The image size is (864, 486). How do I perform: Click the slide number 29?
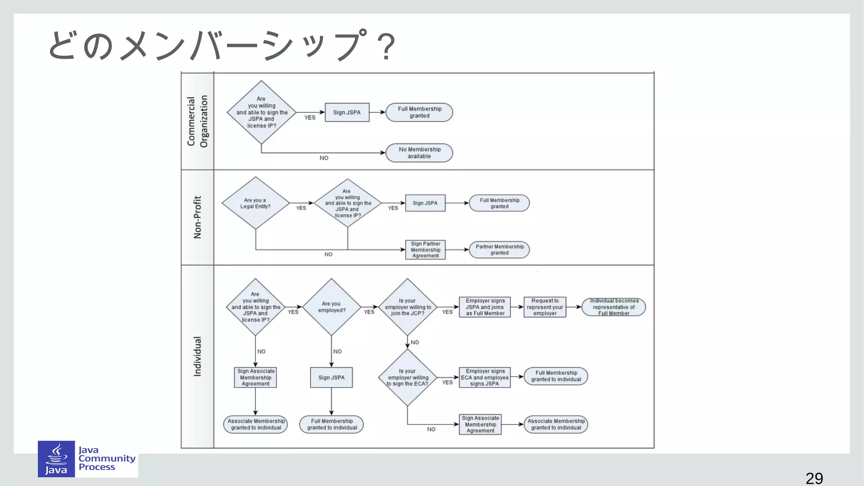pyautogui.click(x=814, y=478)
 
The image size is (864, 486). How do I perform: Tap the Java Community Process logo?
pyautogui.click(x=87, y=459)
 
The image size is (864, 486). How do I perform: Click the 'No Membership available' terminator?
pyautogui.click(x=419, y=153)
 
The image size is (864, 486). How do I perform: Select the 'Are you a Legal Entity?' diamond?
pyautogui.click(x=255, y=203)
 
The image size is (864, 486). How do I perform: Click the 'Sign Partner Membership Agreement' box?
pyautogui.click(x=425, y=250)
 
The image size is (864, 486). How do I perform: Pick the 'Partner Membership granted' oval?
pyautogui.click(x=499, y=250)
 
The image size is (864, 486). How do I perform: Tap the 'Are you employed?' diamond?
pyautogui.click(x=332, y=307)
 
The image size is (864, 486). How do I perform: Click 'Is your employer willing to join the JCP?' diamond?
pyautogui.click(x=408, y=307)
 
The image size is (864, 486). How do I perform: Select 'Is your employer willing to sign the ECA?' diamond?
pyautogui.click(x=408, y=378)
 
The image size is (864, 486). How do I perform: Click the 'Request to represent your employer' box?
pyautogui.click(x=545, y=307)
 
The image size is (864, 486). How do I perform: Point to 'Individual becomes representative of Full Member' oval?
pyautogui.click(x=614, y=307)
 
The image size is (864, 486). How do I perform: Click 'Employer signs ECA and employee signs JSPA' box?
pyautogui.click(x=485, y=378)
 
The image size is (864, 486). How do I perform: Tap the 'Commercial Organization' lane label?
pyautogui.click(x=197, y=121)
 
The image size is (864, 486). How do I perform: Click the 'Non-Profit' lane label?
pyautogui.click(x=197, y=217)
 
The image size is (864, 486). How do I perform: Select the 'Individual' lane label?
pyautogui.click(x=197, y=356)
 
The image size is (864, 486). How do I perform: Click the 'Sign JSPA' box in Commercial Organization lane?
pyautogui.click(x=347, y=113)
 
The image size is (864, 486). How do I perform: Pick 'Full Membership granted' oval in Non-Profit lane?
pyautogui.click(x=499, y=203)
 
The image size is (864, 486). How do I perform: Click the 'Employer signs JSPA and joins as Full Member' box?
pyautogui.click(x=485, y=307)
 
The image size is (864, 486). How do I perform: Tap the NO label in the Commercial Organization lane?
pyautogui.click(x=324, y=158)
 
